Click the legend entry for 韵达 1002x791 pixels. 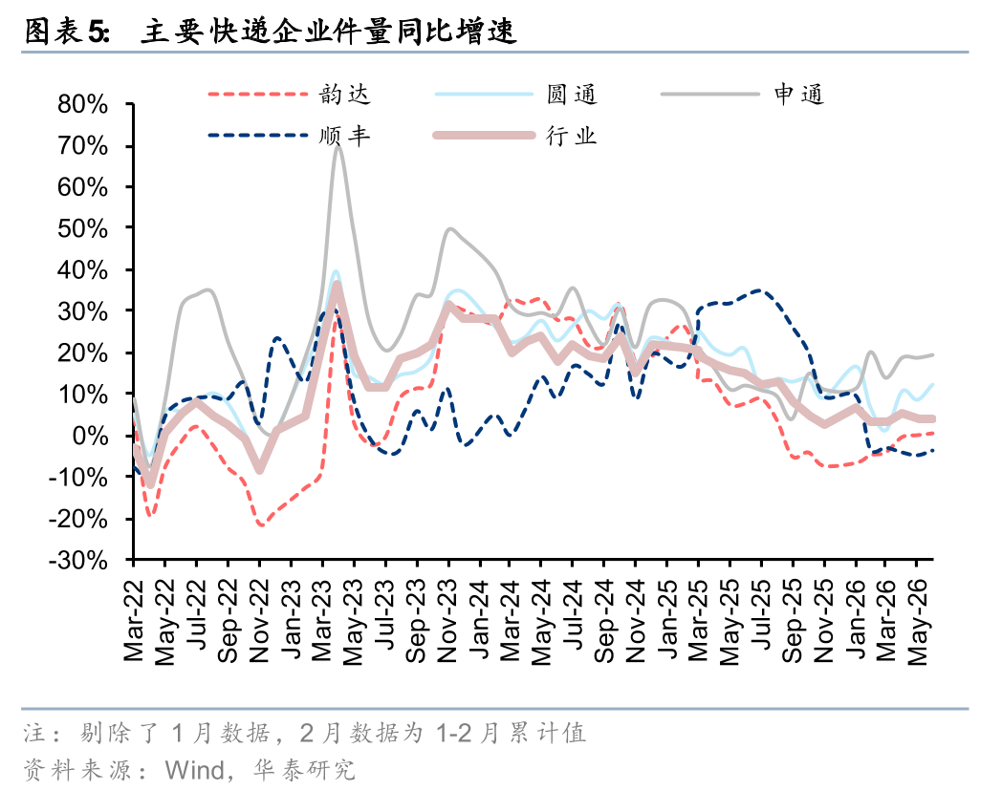[x=289, y=95]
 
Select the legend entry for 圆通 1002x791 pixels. [x=515, y=95]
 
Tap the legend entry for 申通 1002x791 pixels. [x=743, y=95]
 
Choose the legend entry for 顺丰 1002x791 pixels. [x=289, y=136]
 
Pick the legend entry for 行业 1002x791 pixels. [x=515, y=136]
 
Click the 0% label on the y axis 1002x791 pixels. [x=90, y=436]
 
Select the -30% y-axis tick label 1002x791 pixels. [x=78, y=560]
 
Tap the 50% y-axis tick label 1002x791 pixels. [x=83, y=228]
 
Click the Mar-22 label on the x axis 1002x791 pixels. [x=134, y=621]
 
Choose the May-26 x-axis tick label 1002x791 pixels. [x=917, y=623]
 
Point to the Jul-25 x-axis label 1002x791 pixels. [x=760, y=614]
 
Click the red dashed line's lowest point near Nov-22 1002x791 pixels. [x=261, y=524]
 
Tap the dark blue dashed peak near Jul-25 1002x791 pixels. [x=758, y=290]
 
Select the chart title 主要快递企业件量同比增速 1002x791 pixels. [x=328, y=32]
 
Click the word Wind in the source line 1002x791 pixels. [x=194, y=771]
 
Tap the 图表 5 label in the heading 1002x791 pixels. [x=68, y=32]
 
